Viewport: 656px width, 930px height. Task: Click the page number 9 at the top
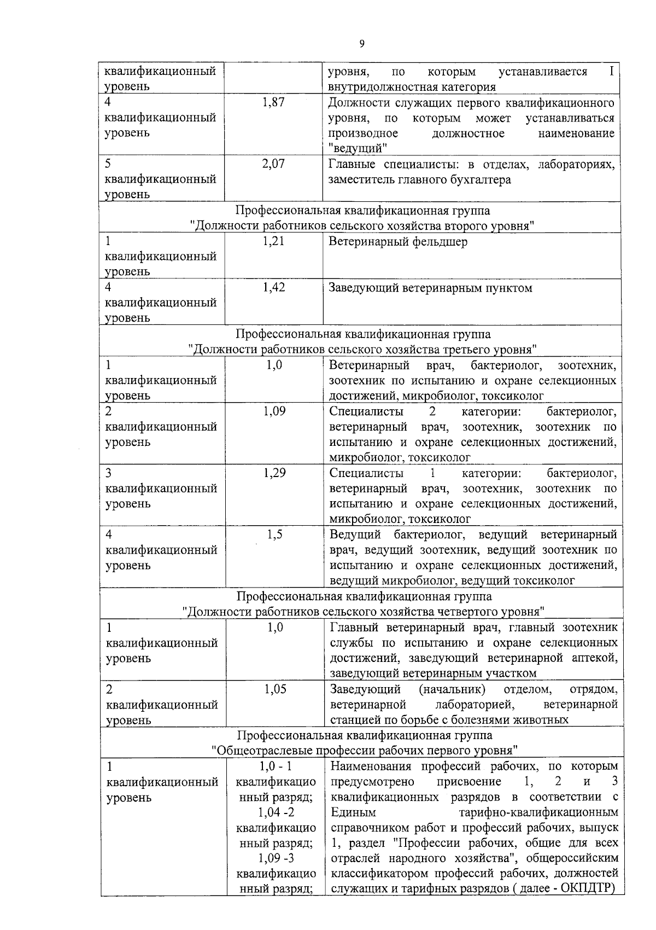tap(361, 44)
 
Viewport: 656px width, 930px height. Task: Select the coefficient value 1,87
tap(273, 102)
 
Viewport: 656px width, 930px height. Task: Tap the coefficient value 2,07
tap(273, 164)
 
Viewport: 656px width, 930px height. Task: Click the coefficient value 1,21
tap(273, 241)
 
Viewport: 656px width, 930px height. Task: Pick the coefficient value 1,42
tap(273, 288)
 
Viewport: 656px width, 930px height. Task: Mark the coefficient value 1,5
tap(275, 534)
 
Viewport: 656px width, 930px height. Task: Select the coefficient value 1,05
tap(275, 689)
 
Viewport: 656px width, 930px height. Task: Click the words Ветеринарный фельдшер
tap(398, 242)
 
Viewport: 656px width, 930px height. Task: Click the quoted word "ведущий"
tap(358, 148)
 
